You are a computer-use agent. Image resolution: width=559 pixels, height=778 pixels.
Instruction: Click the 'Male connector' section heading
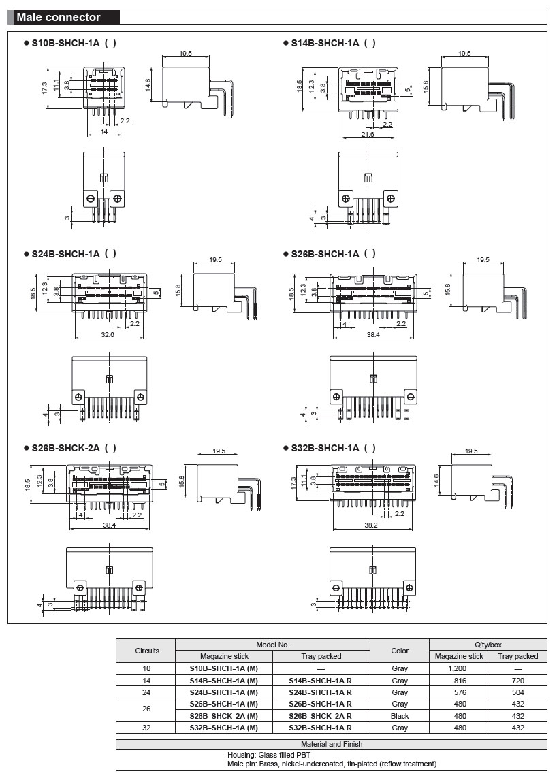click(59, 18)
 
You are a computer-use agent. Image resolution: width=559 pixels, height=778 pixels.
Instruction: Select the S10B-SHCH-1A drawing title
click(74, 43)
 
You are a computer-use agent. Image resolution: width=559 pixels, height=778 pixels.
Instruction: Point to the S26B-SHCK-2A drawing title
click(74, 448)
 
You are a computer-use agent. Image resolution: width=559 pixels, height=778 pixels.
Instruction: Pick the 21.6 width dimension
click(368, 135)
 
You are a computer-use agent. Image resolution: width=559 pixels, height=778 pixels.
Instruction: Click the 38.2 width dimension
click(370, 525)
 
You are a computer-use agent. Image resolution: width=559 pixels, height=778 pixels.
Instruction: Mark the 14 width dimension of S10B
click(105, 131)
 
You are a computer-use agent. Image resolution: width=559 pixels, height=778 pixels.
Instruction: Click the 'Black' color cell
click(400, 716)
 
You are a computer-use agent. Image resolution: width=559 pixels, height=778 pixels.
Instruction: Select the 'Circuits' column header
click(147, 651)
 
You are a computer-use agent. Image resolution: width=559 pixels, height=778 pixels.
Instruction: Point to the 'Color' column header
click(400, 651)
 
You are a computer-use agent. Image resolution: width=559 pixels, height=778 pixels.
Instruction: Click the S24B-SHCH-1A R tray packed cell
click(321, 692)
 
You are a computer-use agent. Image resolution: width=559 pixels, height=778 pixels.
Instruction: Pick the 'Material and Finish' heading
click(332, 745)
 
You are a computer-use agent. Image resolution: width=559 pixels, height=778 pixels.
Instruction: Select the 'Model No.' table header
click(272, 644)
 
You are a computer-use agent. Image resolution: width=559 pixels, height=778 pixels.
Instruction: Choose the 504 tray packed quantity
click(517, 692)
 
